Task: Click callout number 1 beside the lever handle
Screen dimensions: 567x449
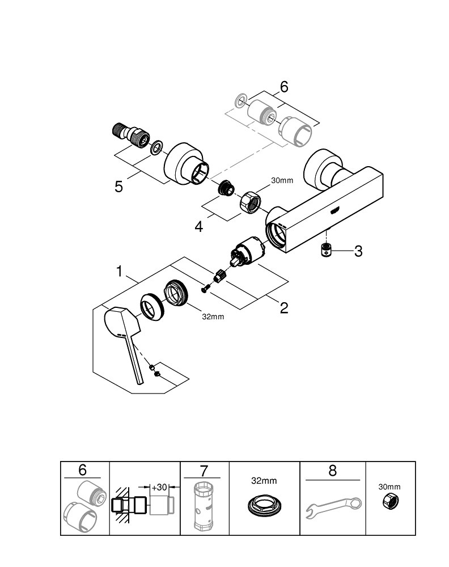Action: (119, 272)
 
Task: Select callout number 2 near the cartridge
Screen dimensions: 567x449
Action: (283, 308)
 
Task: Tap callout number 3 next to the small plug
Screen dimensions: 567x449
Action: (358, 251)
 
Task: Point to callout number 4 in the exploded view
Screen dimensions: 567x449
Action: (198, 227)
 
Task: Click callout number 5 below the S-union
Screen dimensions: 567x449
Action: (118, 186)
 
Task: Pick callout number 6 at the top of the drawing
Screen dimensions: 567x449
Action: (283, 87)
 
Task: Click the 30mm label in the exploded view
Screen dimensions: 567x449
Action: (282, 181)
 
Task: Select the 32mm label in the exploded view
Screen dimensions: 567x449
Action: (213, 316)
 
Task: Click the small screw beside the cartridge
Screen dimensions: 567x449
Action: (205, 289)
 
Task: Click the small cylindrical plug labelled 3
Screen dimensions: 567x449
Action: (327, 250)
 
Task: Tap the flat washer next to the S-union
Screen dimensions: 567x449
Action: (156, 149)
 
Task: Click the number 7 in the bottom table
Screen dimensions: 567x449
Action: (205, 470)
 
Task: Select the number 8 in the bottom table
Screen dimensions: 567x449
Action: (333, 470)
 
